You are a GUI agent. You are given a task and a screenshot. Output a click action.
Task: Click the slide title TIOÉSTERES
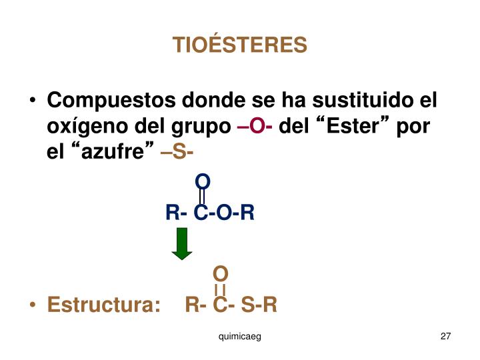coord(240,45)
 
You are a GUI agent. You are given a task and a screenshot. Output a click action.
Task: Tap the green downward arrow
coord(181,243)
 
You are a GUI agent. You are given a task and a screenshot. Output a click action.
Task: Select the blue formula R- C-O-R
coord(210,213)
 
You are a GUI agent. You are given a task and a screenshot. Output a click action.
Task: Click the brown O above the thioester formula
coord(221,273)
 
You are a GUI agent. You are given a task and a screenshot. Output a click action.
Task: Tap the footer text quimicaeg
coord(239,337)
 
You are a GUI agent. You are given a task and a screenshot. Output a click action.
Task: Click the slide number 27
coord(446,337)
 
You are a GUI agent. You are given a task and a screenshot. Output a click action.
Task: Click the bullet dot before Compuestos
coord(33,102)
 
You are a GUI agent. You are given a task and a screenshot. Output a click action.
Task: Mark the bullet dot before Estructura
coord(33,306)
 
